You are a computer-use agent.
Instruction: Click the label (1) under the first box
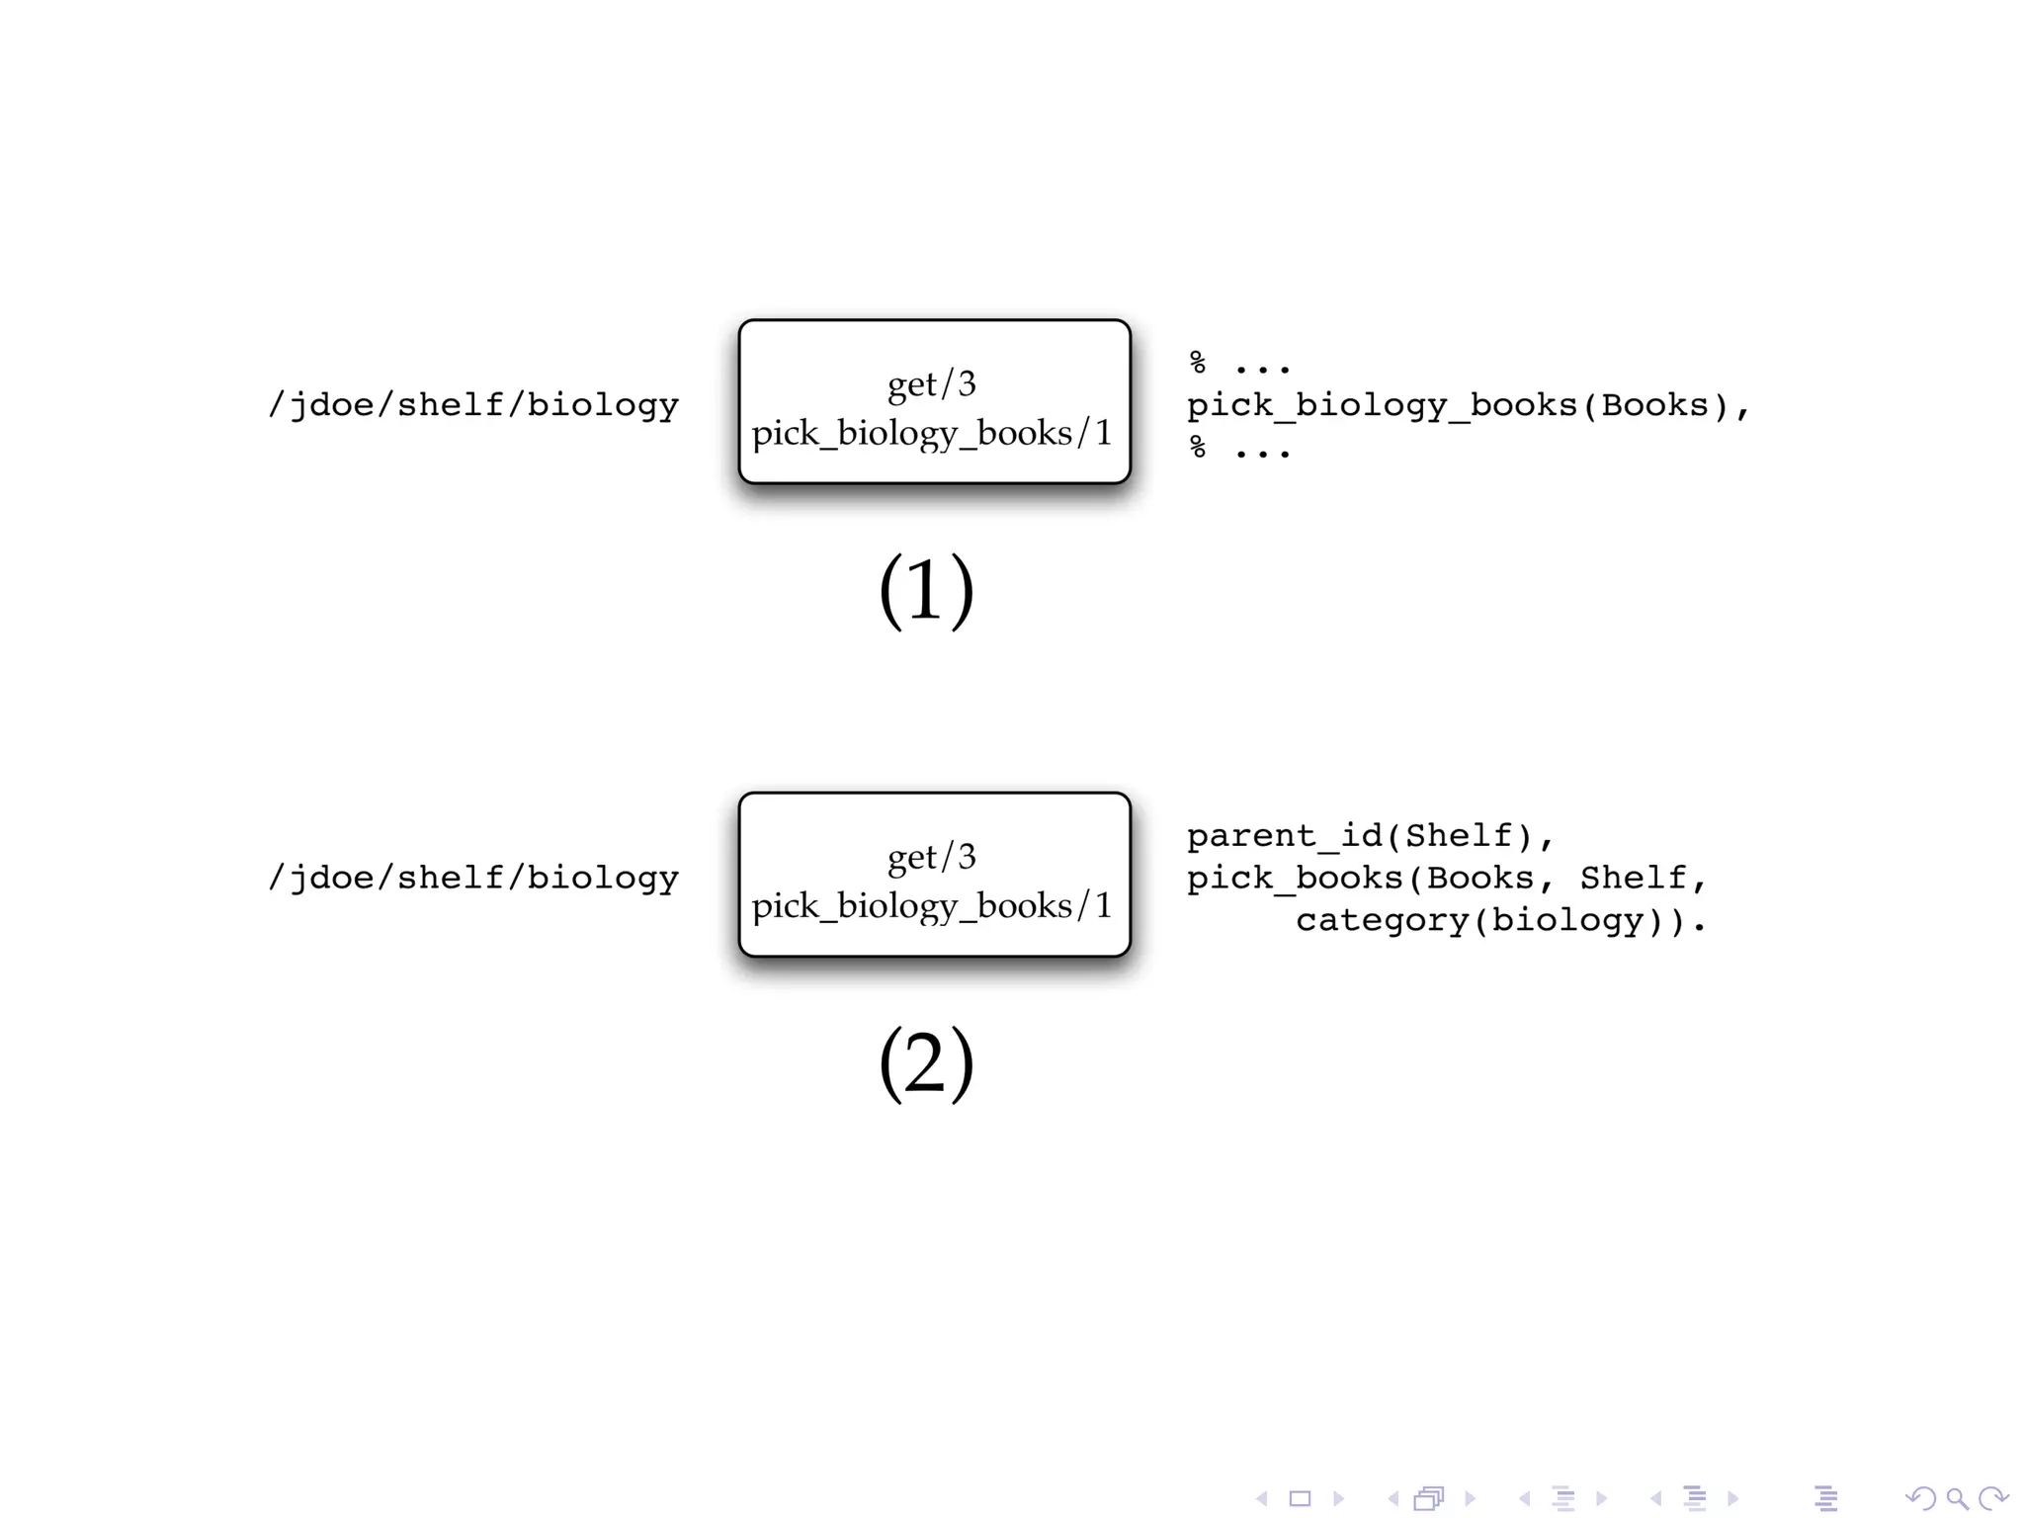coord(926,589)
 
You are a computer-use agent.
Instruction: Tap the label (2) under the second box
coord(926,1061)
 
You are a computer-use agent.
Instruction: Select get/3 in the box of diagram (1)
coord(931,383)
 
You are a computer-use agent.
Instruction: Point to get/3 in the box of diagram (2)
coord(931,856)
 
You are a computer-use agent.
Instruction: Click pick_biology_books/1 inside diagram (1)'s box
coord(932,433)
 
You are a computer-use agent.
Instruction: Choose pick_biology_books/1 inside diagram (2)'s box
coord(932,905)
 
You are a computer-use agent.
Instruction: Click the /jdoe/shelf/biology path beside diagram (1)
coord(473,404)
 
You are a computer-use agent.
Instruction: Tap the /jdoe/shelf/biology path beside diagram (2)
coord(473,878)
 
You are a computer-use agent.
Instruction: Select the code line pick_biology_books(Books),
coord(1468,405)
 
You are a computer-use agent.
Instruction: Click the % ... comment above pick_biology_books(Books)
coord(1239,364)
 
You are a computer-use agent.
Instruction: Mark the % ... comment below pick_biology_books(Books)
coord(1239,449)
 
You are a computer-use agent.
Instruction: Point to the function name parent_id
coord(1284,836)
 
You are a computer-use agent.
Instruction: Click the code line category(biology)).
coord(1500,921)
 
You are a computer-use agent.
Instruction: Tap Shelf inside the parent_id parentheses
coord(1458,836)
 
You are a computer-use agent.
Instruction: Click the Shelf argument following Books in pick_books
coord(1633,878)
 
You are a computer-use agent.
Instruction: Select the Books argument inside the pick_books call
coord(1479,878)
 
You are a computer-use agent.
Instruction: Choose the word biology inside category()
coord(1567,921)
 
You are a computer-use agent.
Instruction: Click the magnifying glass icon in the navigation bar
coord(1957,1499)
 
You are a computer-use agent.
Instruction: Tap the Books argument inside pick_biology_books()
coord(1654,405)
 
